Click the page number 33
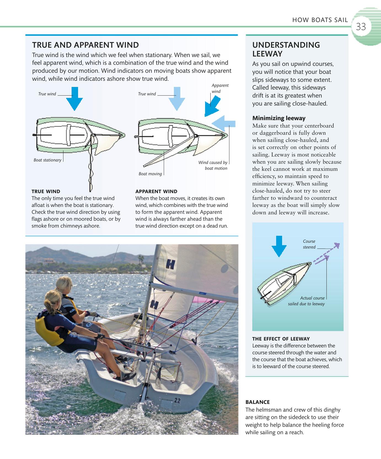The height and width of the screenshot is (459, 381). [x=361, y=27]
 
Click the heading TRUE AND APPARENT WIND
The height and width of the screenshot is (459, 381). [x=85, y=45]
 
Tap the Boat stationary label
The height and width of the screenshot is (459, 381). [x=47, y=160]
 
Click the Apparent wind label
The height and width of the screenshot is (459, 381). [x=220, y=88]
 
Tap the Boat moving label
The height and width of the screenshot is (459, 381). [x=150, y=174]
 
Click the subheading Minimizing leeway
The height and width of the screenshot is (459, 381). [x=279, y=118]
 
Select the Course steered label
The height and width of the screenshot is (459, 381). [x=309, y=244]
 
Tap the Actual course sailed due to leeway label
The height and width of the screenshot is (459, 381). [x=307, y=301]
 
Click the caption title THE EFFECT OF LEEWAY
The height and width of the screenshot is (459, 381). [x=281, y=339]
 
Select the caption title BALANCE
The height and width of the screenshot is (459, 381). [x=257, y=402]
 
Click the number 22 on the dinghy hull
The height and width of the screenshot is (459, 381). [x=177, y=401]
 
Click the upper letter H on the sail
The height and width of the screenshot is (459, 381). [x=170, y=265]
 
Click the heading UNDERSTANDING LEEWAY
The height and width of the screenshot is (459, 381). [x=286, y=49]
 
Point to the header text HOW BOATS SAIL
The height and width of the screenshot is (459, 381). [x=320, y=20]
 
